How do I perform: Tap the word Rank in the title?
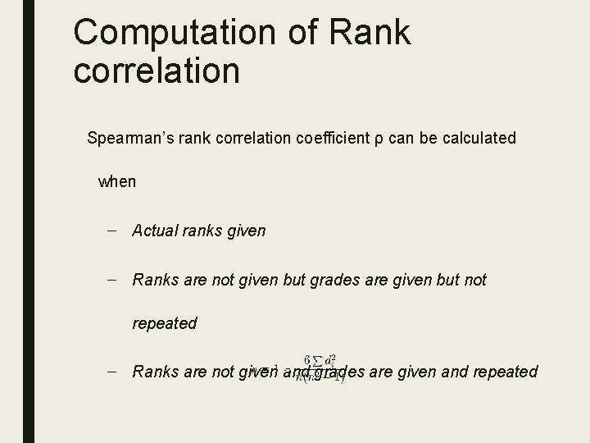coord(371,33)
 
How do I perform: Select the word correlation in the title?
coord(156,70)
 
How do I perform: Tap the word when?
coord(117,181)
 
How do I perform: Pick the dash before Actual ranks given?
coord(111,231)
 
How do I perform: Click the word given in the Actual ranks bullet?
coord(243,231)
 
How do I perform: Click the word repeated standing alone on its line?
coord(165,323)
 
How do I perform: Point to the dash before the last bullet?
coord(111,372)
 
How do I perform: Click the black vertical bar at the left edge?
coord(28,221)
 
